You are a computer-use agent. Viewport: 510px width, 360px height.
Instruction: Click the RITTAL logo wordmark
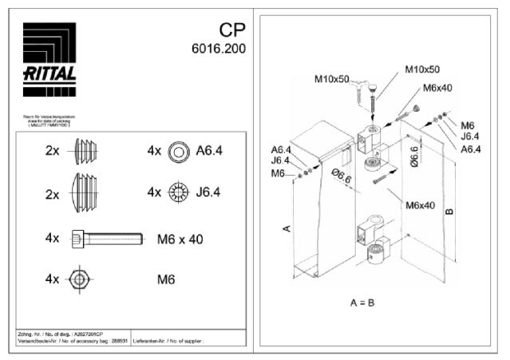pyautogui.click(x=49, y=73)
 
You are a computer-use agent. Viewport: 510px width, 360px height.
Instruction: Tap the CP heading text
pyautogui.click(x=231, y=30)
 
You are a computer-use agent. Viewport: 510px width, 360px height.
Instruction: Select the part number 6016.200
pyautogui.click(x=218, y=49)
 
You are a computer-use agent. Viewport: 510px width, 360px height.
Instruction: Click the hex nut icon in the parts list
pyautogui.click(x=78, y=279)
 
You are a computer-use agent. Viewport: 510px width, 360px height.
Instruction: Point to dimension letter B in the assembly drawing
pyautogui.click(x=449, y=211)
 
